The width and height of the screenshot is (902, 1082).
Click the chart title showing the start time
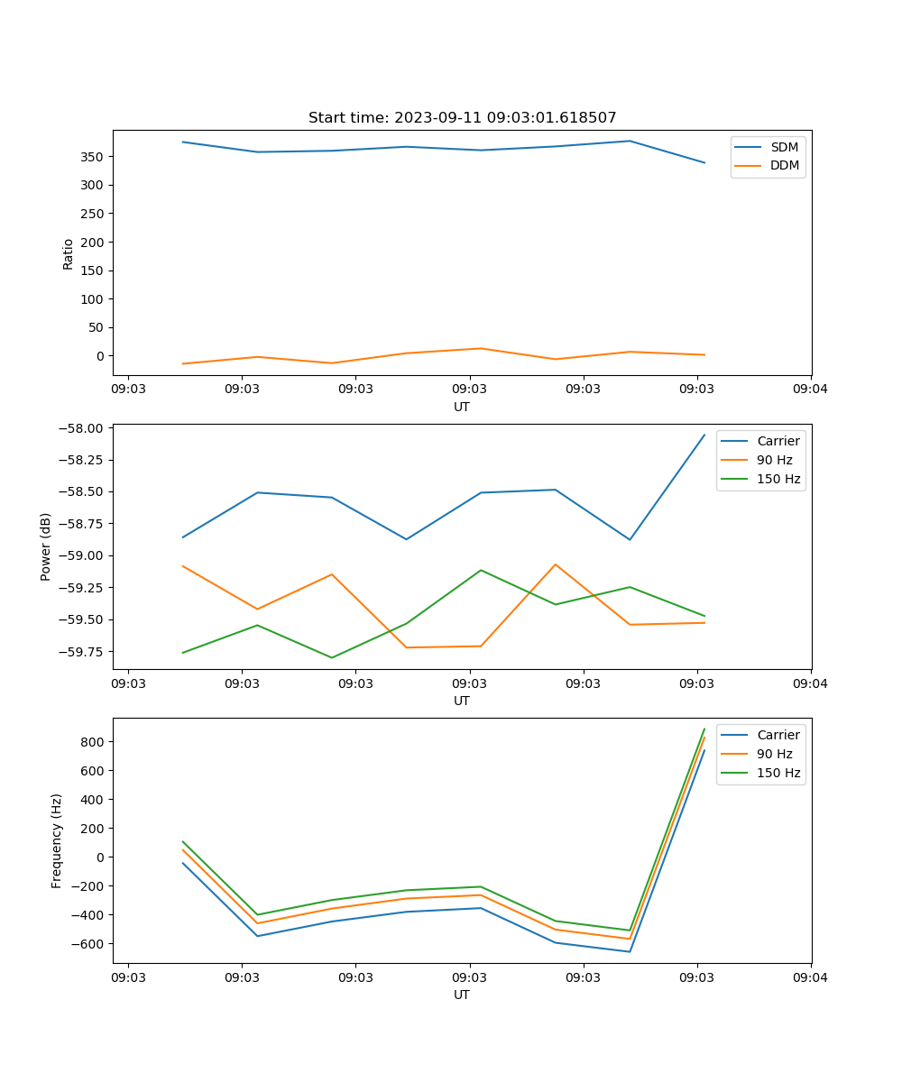pyautogui.click(x=462, y=118)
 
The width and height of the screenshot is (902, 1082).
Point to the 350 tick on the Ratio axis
pyautogui.click(x=94, y=157)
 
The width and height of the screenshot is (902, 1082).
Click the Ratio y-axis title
pyautogui.click(x=69, y=253)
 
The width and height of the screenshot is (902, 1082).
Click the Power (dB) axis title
pyautogui.click(x=46, y=546)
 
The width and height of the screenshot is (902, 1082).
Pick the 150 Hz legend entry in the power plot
pyautogui.click(x=778, y=479)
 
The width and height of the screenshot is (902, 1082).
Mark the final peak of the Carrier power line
pyautogui.click(x=704, y=435)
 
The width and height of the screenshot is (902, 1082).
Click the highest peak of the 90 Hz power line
pyautogui.click(x=556, y=564)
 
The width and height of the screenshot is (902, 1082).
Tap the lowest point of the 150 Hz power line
pyautogui.click(x=332, y=657)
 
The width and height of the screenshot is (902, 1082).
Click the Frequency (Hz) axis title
pyautogui.click(x=57, y=840)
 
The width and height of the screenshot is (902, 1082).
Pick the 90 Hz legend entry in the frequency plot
pyautogui.click(x=774, y=754)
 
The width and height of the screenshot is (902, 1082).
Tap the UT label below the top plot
pyautogui.click(x=462, y=407)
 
